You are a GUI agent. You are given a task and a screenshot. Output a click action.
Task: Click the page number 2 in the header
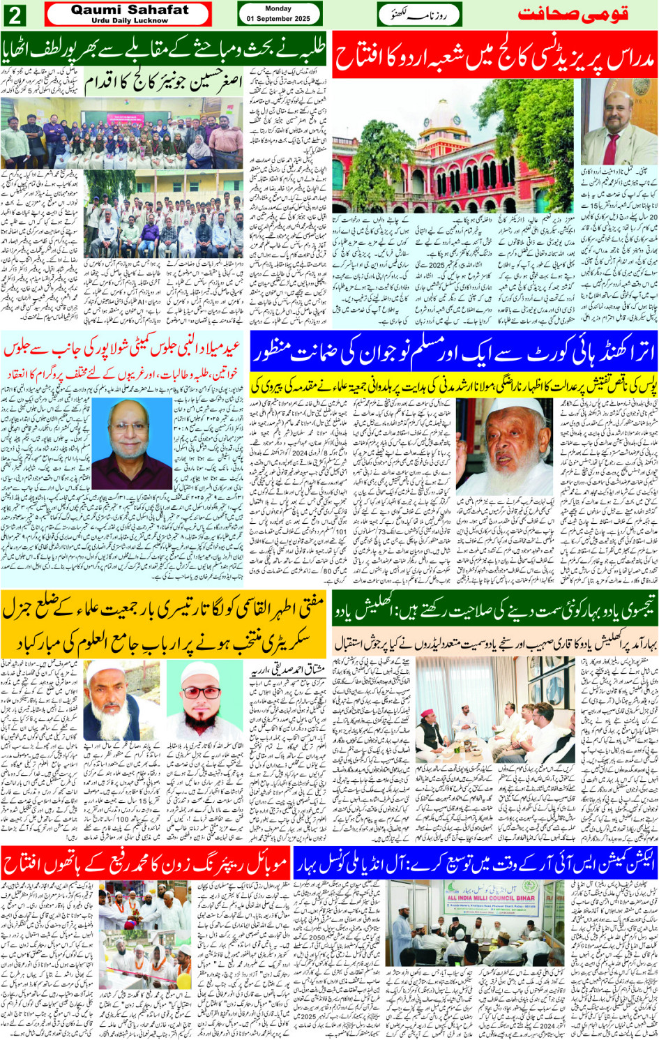[x=15, y=14]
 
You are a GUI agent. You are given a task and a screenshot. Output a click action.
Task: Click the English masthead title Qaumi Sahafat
[x=129, y=10]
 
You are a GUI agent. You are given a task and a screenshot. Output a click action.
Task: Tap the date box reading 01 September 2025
[x=278, y=14]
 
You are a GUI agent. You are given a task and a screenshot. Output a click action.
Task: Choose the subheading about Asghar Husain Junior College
[x=165, y=84]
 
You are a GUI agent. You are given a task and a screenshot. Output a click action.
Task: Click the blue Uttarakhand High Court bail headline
[x=453, y=353]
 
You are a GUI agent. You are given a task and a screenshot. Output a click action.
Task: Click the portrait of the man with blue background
[x=131, y=444]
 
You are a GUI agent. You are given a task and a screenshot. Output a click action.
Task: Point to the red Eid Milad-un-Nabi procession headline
[x=124, y=347]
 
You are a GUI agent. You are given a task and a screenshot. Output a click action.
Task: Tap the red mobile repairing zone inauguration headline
[x=145, y=865]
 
